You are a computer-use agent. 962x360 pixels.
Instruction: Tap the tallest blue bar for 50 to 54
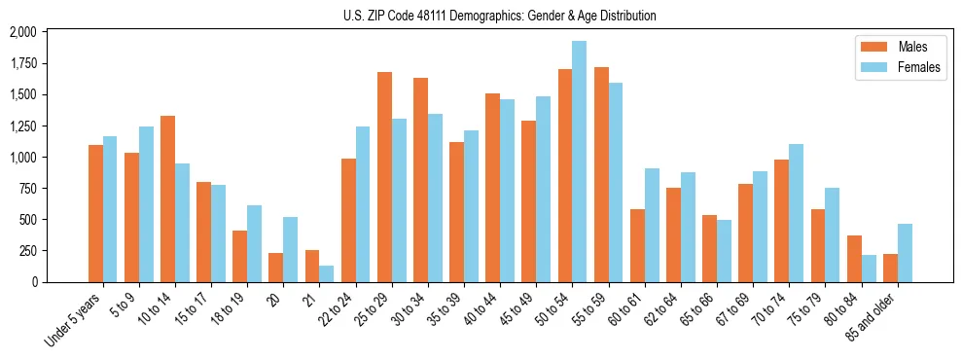(579, 162)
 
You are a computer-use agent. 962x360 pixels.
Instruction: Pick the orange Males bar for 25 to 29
(384, 177)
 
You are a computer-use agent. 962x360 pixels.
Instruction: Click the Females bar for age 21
(326, 273)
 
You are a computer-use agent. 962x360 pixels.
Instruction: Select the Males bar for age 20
(276, 268)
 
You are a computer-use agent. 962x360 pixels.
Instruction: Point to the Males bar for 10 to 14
(167, 198)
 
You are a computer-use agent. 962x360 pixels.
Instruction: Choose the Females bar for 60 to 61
(652, 225)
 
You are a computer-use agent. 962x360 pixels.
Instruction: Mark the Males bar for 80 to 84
(854, 259)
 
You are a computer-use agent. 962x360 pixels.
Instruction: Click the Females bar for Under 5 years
(110, 209)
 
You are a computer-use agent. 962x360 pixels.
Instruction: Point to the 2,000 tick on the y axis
(21, 32)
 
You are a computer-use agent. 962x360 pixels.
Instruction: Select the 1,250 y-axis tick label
(21, 126)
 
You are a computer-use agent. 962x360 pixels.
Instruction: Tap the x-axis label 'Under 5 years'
(74, 322)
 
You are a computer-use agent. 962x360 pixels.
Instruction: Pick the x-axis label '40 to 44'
(479, 312)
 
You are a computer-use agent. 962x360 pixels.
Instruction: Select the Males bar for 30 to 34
(420, 180)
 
